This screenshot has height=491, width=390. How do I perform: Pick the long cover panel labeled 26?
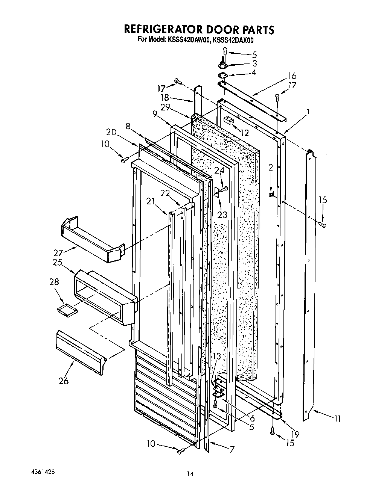pos(80,352)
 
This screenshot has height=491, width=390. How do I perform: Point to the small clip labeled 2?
pos(271,194)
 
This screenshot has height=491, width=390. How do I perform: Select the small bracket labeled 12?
pos(229,121)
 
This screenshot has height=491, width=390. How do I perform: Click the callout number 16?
pos(292,86)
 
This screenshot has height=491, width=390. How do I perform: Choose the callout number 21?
pos(151,202)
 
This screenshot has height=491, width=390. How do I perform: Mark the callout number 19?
pos(295,434)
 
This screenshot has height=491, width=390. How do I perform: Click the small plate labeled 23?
pos(217,192)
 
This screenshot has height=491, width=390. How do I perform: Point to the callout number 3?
pos(254,63)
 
